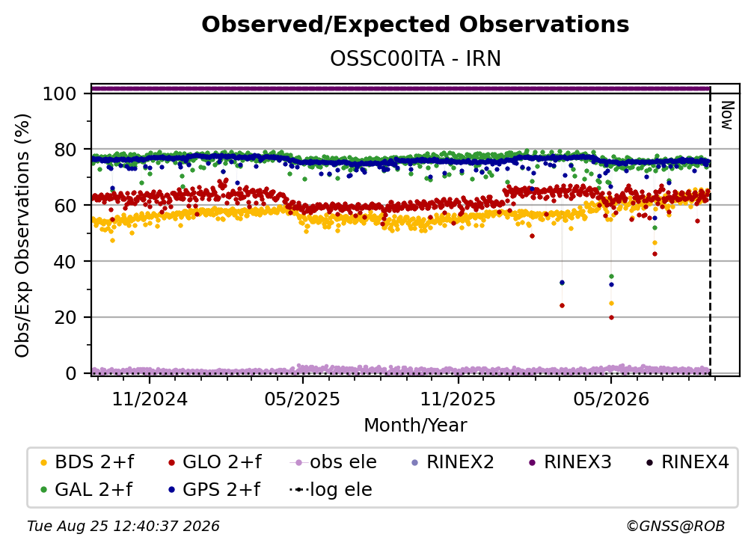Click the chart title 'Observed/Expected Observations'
[x=415, y=25]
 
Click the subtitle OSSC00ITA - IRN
[x=415, y=59]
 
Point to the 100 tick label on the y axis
[x=60, y=93]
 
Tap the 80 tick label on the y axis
[x=65, y=150]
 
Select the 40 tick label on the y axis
[x=65, y=262]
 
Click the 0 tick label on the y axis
[x=71, y=373]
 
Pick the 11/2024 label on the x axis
[x=150, y=399]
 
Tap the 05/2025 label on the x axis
[x=302, y=399]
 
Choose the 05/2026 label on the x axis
[x=611, y=399]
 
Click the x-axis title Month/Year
[x=415, y=425]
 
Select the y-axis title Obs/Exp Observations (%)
[x=22, y=236]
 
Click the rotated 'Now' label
[x=727, y=115]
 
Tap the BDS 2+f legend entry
[x=87, y=462]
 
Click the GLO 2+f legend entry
[x=215, y=462]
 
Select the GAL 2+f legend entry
[x=87, y=489]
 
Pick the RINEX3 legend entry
[x=570, y=462]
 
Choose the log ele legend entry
[x=331, y=489]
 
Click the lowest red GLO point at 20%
[x=611, y=317]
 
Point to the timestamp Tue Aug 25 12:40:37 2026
[x=123, y=526]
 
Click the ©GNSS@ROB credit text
[x=675, y=526]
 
